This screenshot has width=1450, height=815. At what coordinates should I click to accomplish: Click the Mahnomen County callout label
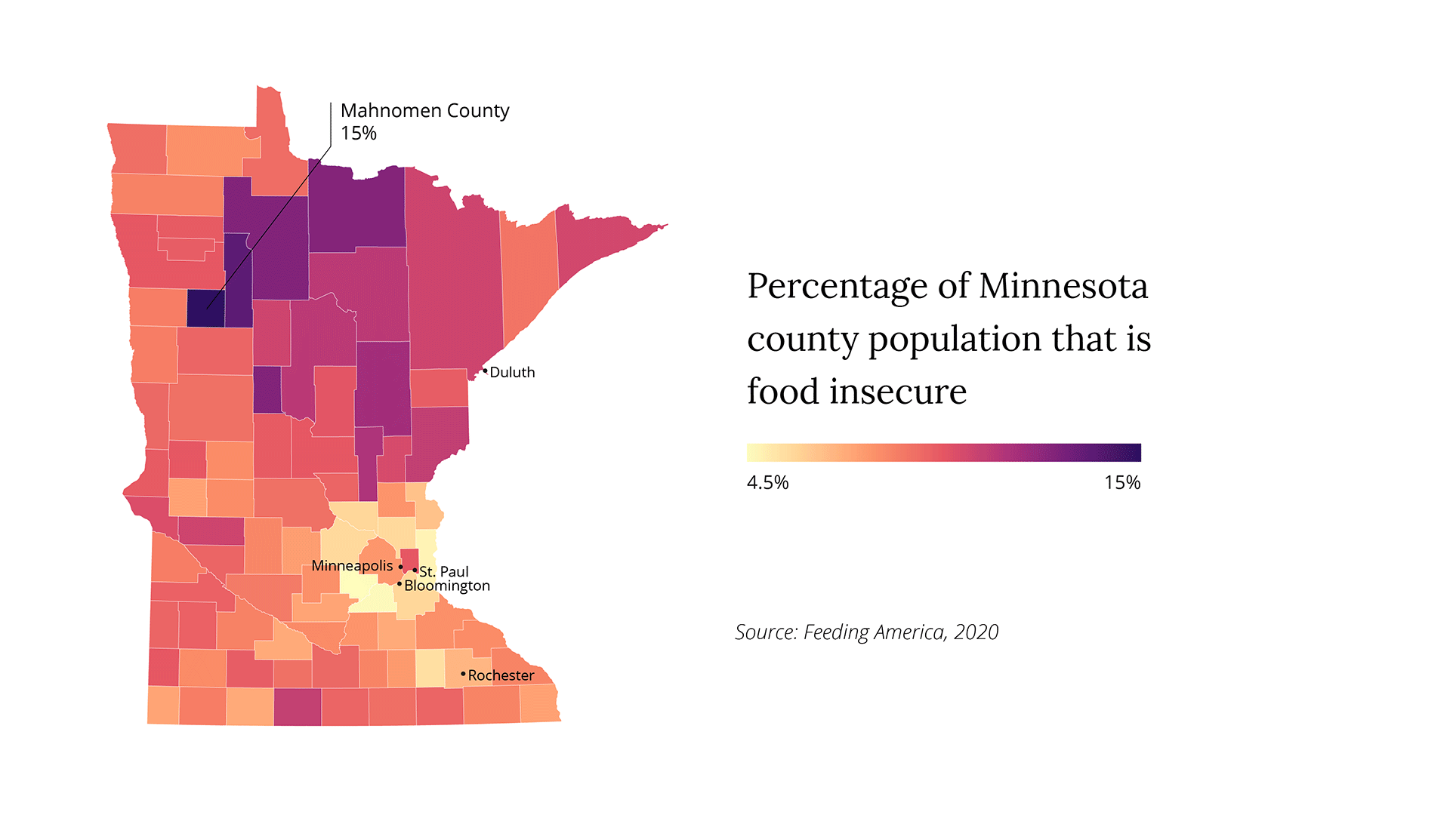tap(424, 111)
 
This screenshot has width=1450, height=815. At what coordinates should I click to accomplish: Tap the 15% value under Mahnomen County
tap(358, 134)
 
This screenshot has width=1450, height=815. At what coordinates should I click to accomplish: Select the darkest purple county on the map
tap(205, 309)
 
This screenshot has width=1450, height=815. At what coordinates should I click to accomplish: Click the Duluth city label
tap(512, 373)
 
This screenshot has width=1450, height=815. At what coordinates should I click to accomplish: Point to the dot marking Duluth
tap(485, 371)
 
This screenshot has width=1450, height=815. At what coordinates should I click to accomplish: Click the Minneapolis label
tap(352, 566)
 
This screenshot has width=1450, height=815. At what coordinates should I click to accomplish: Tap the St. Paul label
tap(444, 572)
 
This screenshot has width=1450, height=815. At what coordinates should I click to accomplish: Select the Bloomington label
tap(447, 586)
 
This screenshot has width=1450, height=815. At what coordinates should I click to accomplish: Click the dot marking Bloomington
tap(400, 584)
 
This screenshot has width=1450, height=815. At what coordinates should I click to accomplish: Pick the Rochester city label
tap(501, 675)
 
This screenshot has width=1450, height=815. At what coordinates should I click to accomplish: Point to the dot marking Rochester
tap(463, 673)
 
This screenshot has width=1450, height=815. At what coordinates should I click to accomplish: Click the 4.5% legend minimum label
tap(767, 483)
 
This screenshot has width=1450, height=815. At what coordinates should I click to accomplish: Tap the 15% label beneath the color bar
tap(1122, 483)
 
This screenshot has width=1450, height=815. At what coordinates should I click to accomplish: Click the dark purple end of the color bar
tap(1133, 453)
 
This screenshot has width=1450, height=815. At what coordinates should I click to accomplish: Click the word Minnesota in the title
tap(1063, 287)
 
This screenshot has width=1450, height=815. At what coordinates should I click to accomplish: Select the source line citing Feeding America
tap(866, 632)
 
